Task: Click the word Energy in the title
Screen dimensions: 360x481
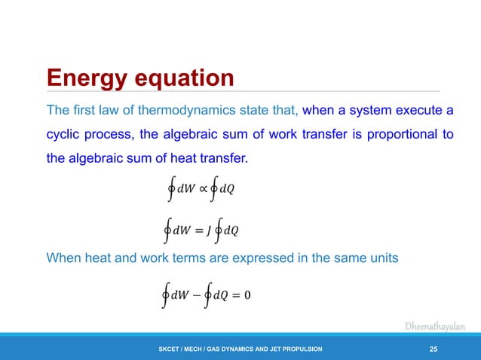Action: (86, 78)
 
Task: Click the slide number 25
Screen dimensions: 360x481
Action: (434, 348)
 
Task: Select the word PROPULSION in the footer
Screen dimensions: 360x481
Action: (300, 349)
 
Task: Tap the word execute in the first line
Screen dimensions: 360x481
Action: (413, 111)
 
